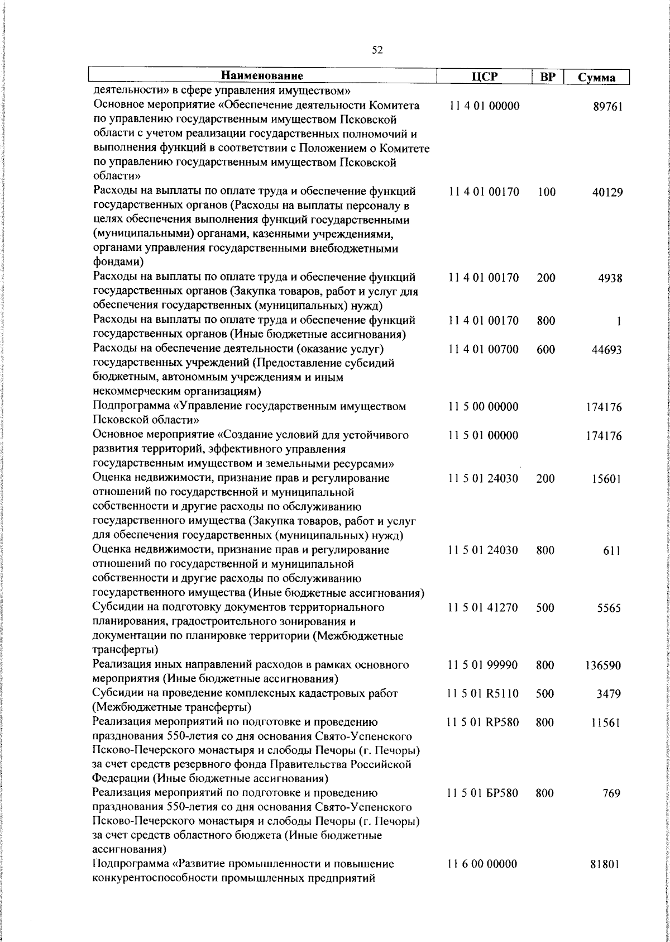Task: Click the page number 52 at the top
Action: [x=377, y=50]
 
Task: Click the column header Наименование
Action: [x=262, y=76]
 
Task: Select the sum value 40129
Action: [x=607, y=193]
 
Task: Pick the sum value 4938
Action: [x=610, y=278]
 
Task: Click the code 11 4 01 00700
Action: [x=484, y=350]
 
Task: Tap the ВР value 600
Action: [x=545, y=350]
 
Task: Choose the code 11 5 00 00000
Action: [x=484, y=407]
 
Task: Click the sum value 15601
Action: [x=607, y=479]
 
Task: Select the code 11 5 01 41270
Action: [x=484, y=608]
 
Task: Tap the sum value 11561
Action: [x=607, y=723]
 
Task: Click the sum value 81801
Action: [x=607, y=864]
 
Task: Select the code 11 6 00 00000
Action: [x=484, y=864]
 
